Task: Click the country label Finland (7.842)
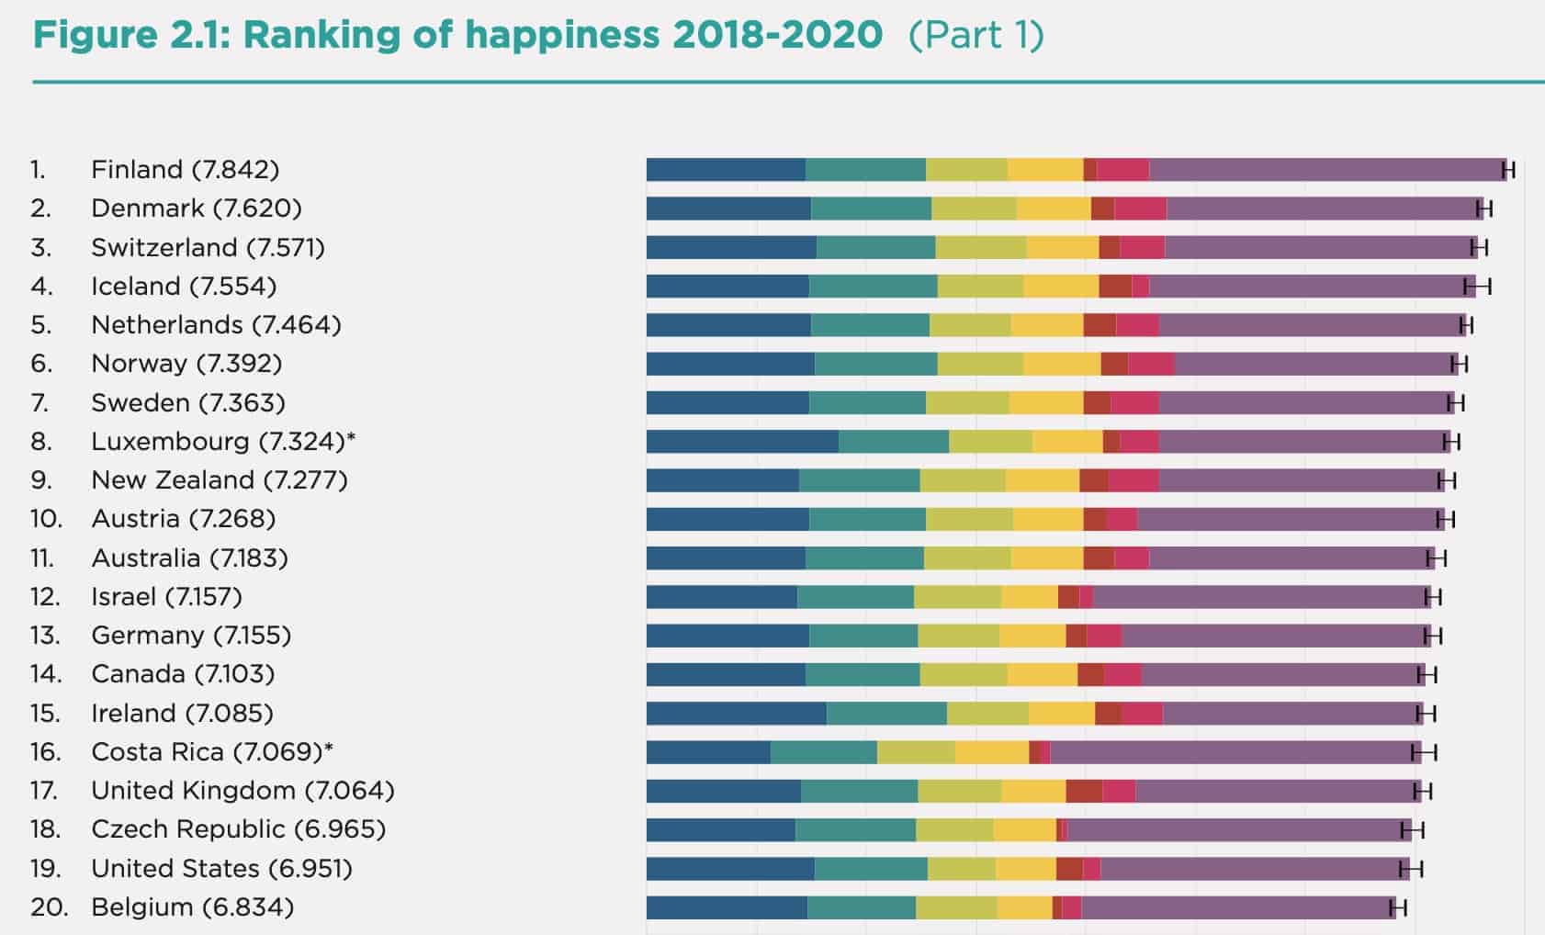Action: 185,170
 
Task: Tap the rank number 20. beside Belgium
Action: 48,907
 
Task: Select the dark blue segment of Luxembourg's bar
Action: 741,442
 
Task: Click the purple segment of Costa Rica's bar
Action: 1231,753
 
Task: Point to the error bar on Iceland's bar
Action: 1477,287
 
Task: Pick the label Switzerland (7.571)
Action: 208,248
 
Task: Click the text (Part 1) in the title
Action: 975,36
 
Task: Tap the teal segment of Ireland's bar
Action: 885,714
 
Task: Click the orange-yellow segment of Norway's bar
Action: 1061,365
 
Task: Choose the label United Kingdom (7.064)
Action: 242,791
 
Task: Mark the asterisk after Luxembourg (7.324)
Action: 351,439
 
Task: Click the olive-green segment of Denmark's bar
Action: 973,208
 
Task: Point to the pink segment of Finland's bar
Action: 1122,170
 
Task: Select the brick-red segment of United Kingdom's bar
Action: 1083,791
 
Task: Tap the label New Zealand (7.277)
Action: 219,480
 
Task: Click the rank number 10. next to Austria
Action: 46,519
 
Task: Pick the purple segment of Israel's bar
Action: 1260,597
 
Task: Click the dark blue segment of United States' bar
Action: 729,869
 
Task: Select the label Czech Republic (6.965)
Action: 238,829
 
